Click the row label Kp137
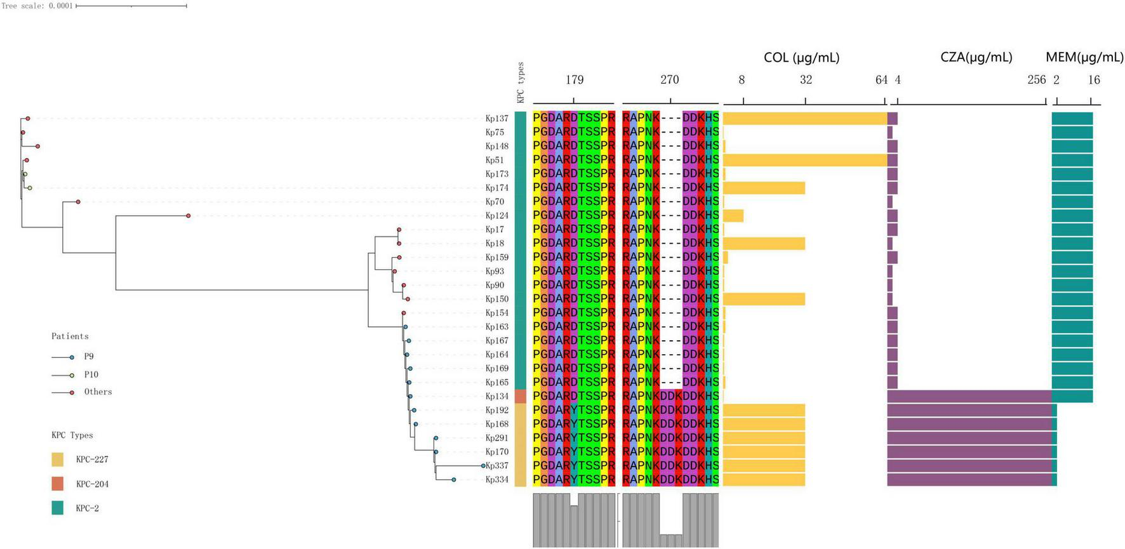(496, 119)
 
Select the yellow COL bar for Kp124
(733, 216)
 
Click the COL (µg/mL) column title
(801, 58)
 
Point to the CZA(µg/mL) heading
(976, 58)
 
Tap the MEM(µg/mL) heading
(1084, 58)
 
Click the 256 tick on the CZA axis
(1036, 80)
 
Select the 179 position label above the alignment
(574, 80)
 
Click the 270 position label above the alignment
(669, 80)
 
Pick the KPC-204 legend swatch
(58, 484)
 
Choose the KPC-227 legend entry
(92, 460)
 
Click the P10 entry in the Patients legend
(91, 374)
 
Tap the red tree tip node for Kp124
(189, 216)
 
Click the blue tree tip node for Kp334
(453, 480)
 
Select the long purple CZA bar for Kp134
(969, 396)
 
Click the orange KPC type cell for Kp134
(520, 396)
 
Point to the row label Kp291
(496, 438)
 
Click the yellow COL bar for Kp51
(804, 160)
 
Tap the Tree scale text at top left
(36, 6)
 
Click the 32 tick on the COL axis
(805, 80)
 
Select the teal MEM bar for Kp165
(1072, 382)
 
